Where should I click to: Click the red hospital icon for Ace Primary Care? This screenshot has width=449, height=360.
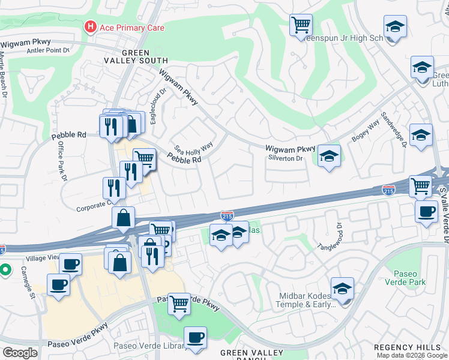click(x=91, y=27)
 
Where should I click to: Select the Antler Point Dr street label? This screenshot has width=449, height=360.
click(x=49, y=50)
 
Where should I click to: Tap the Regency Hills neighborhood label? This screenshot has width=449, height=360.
click(x=411, y=347)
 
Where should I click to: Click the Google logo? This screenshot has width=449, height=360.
click(x=20, y=353)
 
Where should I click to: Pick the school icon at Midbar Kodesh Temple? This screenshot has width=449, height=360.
click(x=342, y=289)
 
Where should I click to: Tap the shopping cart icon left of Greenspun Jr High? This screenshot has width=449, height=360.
click(x=301, y=25)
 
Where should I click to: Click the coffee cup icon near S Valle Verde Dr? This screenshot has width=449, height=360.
click(x=426, y=211)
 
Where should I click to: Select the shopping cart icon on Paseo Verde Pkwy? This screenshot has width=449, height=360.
click(x=179, y=304)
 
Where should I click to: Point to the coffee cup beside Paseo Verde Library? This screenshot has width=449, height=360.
click(x=195, y=337)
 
